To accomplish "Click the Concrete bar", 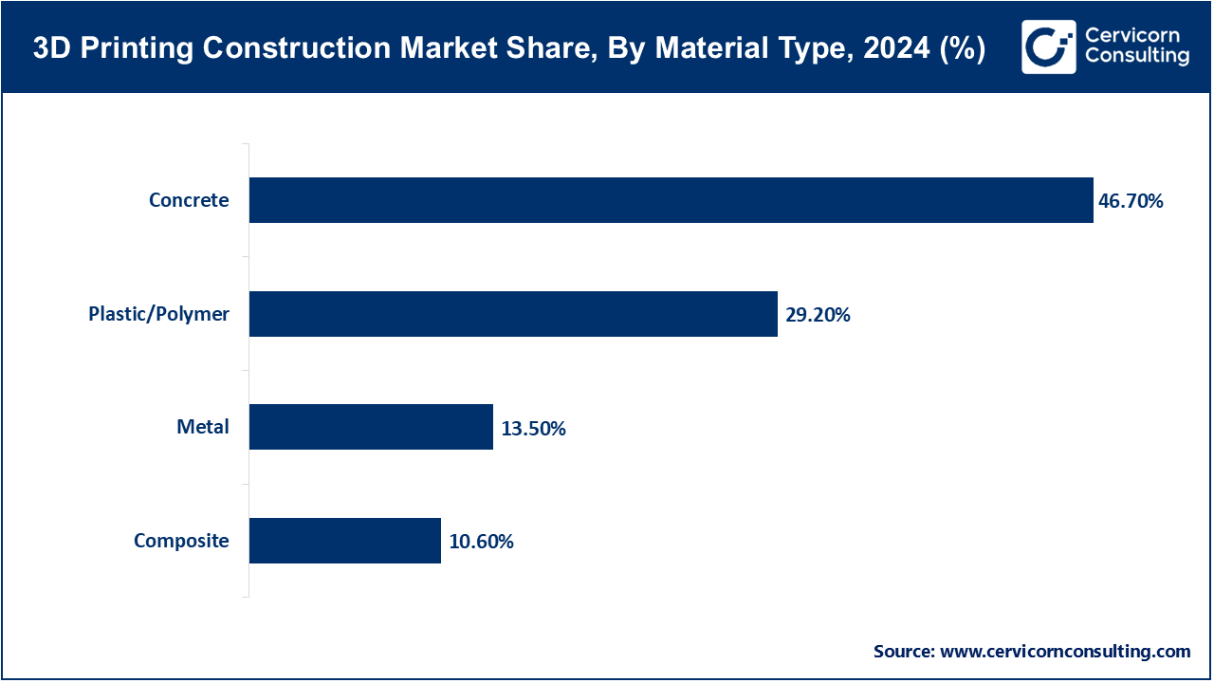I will [671, 200].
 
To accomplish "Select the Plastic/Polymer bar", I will [513, 314].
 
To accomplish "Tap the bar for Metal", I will [371, 427].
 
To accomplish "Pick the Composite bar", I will [345, 541].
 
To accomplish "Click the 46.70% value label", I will [1131, 201].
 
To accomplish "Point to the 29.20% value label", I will [818, 315].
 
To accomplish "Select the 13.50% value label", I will [533, 429].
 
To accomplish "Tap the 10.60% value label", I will [481, 542].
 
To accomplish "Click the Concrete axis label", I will [189, 200].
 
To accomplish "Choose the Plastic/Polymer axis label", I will [158, 314].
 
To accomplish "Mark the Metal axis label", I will [203, 427].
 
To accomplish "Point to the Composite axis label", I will [181, 541].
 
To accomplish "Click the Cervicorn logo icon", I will [1048, 46].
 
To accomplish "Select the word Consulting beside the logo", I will [1136, 57].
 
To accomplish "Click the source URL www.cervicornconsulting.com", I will [1065, 652].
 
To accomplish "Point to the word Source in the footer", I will [904, 652].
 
